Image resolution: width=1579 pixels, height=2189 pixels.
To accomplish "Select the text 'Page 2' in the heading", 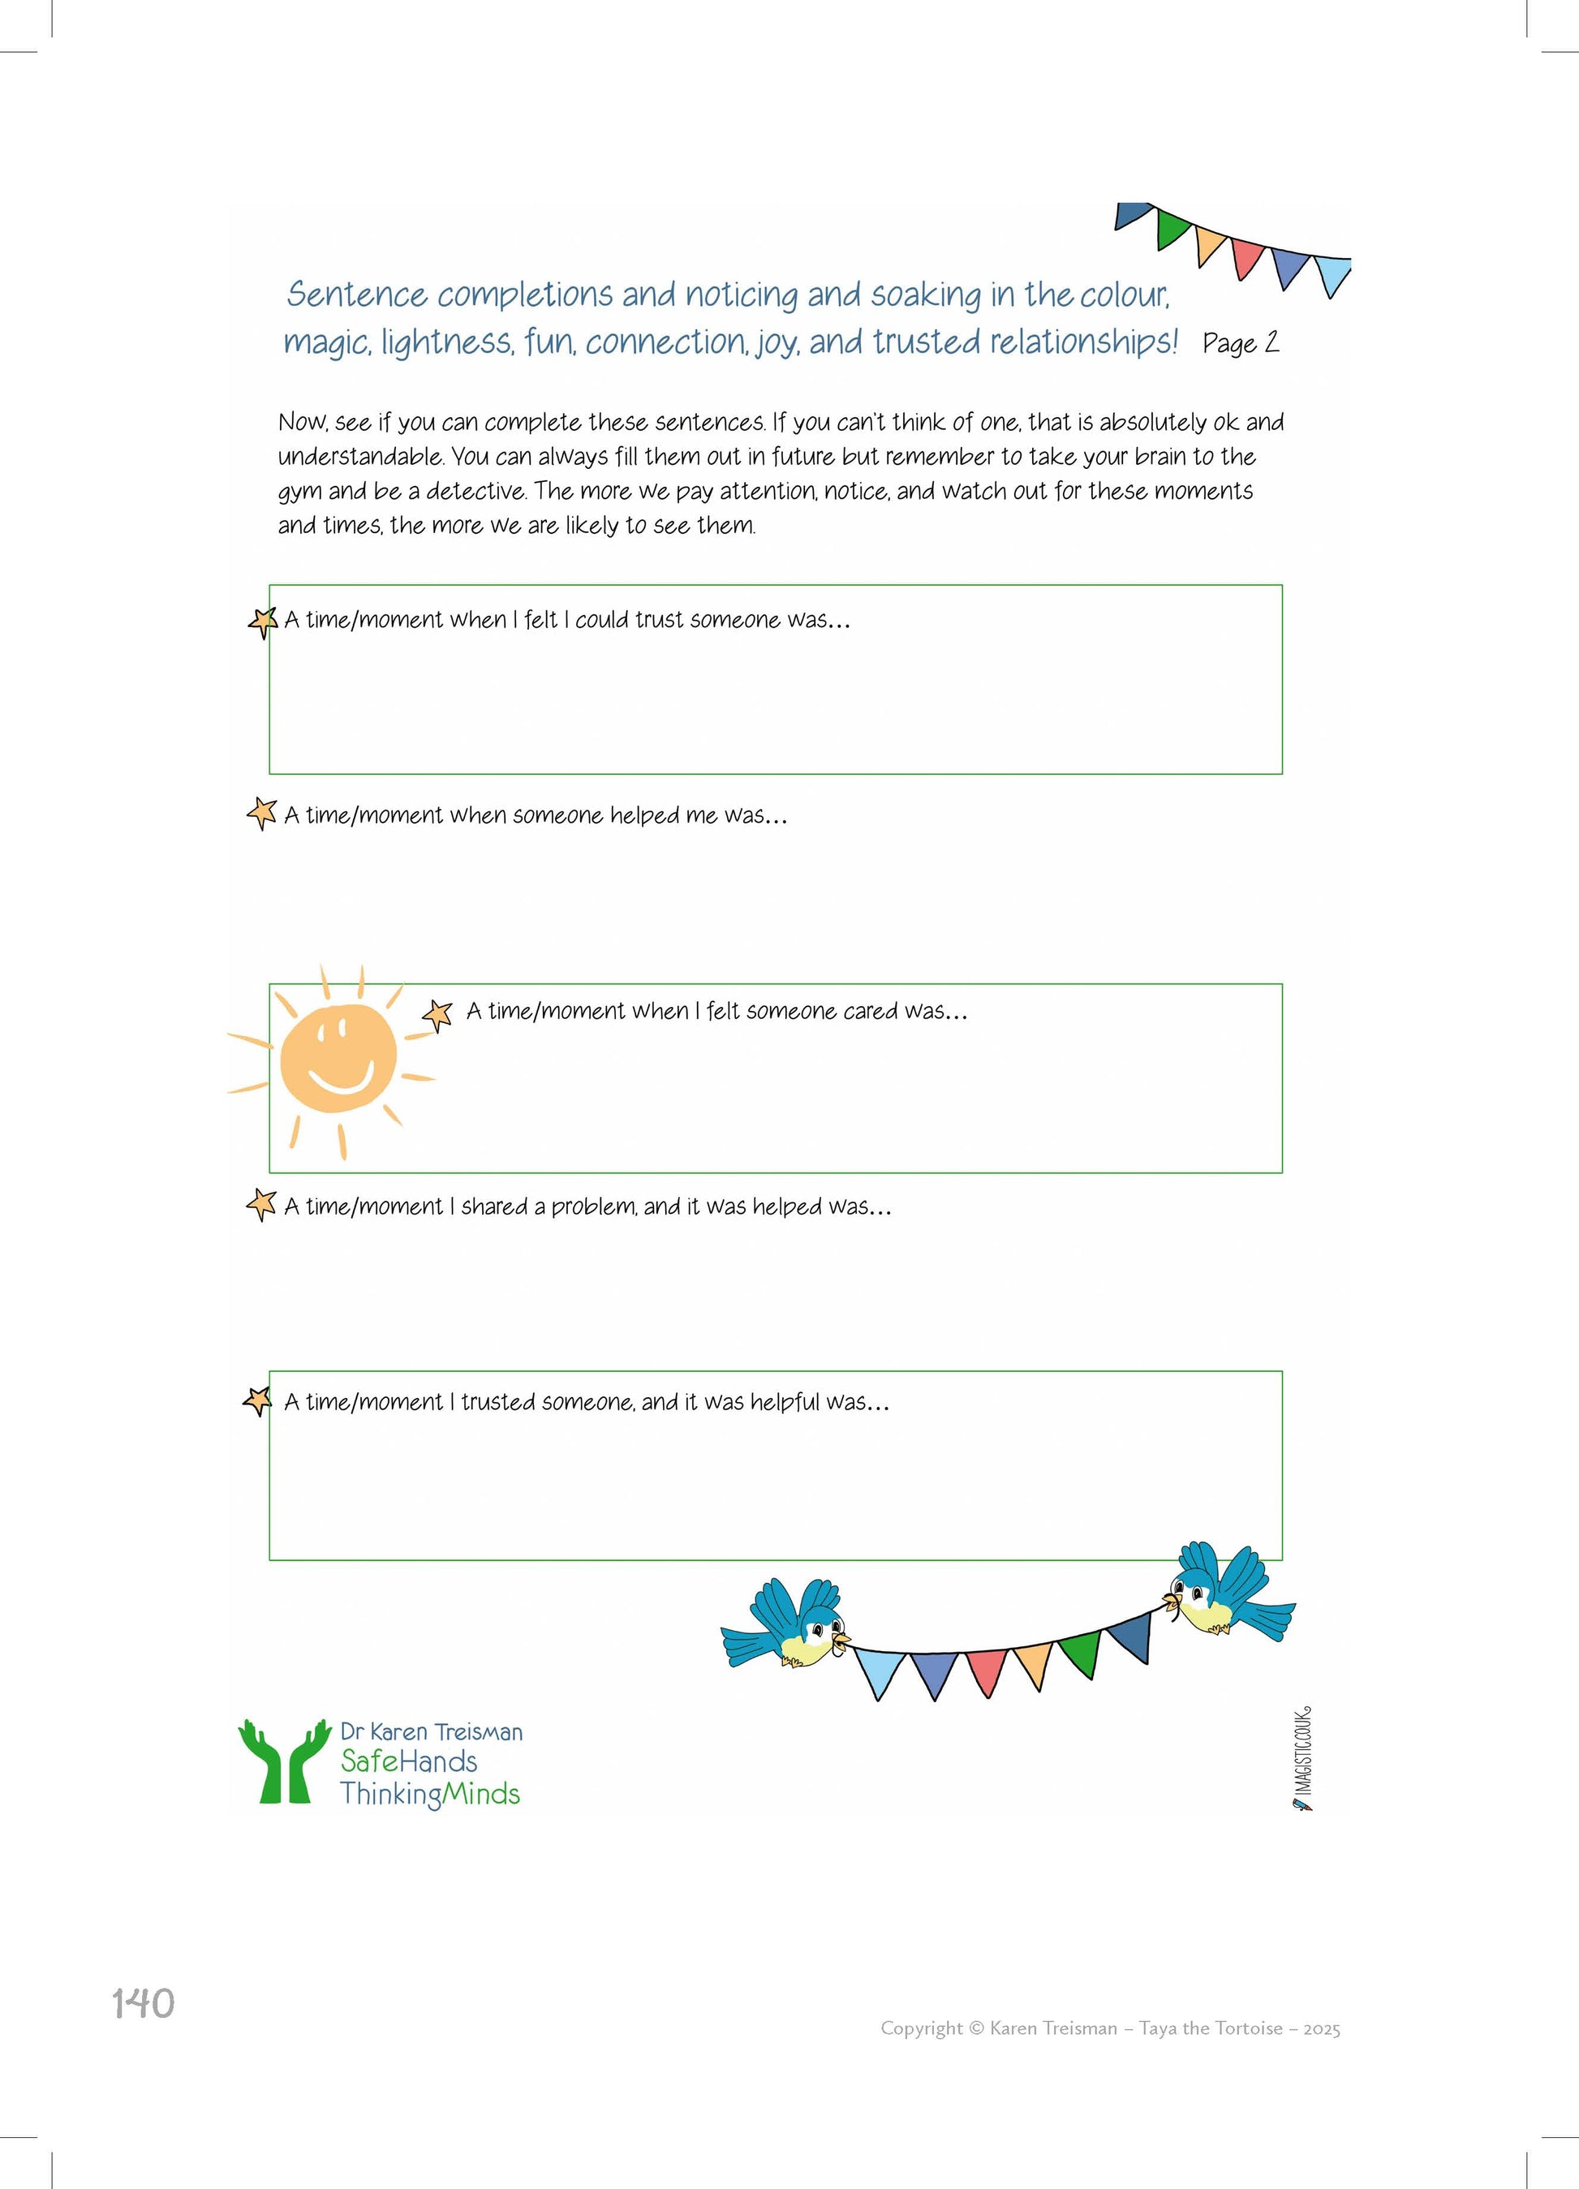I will (1240, 342).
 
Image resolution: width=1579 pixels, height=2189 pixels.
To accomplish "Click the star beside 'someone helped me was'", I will (261, 813).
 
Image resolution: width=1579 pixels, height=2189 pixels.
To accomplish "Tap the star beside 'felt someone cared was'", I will (438, 1013).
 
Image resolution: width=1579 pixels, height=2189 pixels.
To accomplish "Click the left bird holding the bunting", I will (790, 1623).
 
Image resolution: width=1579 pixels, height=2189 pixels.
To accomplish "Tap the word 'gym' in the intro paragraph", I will (299, 492).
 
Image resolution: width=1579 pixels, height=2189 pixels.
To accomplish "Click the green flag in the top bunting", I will (1172, 228).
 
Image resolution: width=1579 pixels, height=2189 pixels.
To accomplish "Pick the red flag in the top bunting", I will (1246, 256).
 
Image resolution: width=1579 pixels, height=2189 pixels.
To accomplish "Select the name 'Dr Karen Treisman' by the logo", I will (432, 1731).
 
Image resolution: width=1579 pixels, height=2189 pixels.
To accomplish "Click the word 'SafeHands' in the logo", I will (408, 1761).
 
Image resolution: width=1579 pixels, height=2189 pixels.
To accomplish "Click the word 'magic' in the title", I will (326, 342).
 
